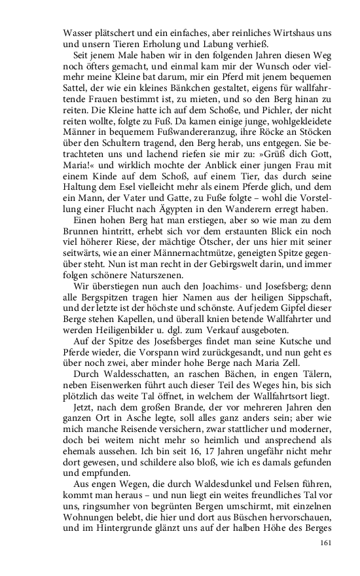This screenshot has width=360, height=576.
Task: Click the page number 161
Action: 326,543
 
